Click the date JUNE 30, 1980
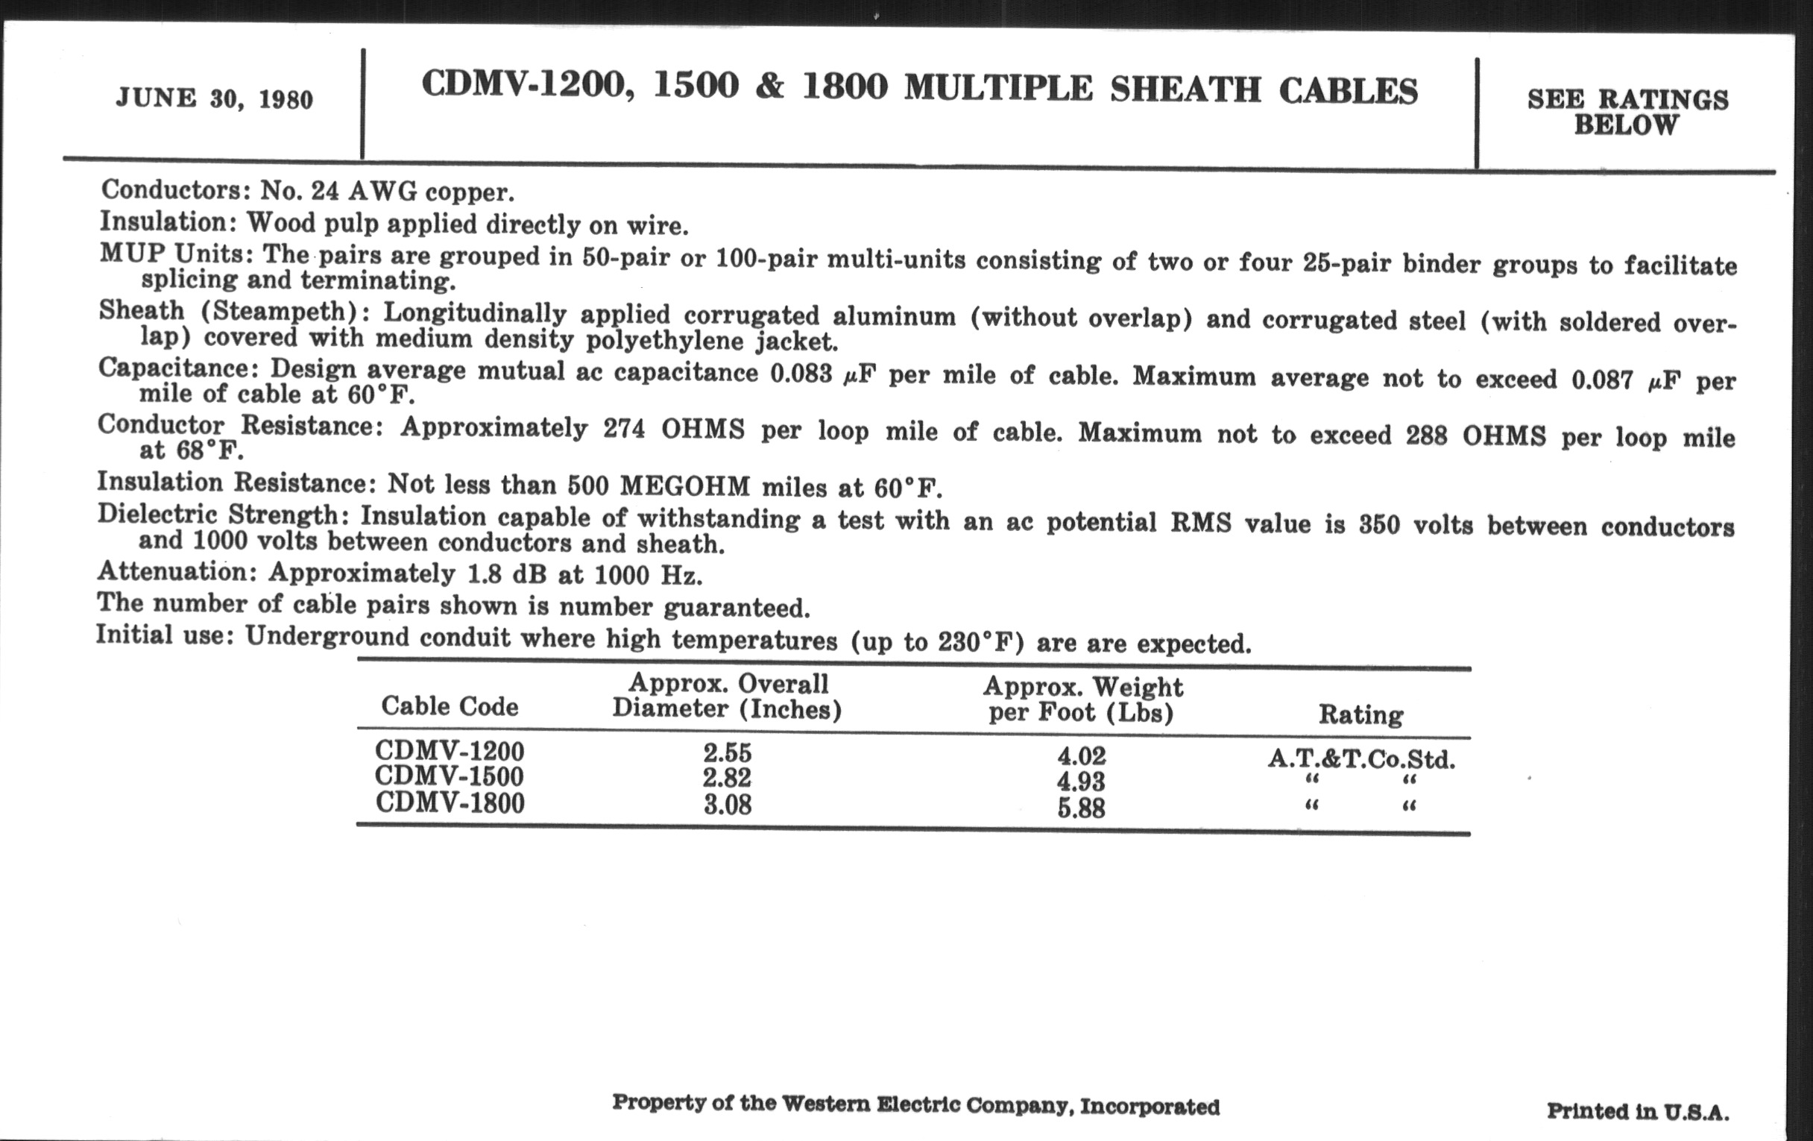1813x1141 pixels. tap(215, 99)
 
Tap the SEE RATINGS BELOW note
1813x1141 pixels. tap(1628, 112)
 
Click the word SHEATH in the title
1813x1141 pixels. tap(1186, 90)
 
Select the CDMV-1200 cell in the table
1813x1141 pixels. tap(450, 751)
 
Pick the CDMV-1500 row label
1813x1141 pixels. tap(450, 776)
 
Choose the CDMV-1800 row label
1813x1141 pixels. tap(450, 803)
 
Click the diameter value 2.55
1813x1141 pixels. tap(728, 753)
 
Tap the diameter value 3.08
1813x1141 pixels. tap(728, 805)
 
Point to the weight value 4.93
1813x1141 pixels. tap(1081, 782)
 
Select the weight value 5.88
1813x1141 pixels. tap(1081, 808)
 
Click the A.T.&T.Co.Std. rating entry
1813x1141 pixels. tap(1361, 758)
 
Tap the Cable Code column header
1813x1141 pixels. tap(450, 705)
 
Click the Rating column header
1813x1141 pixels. tap(1360, 714)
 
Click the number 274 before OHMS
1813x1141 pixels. tap(624, 429)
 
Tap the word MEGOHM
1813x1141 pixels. tap(685, 485)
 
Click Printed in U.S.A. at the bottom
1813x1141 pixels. tap(1638, 1112)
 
